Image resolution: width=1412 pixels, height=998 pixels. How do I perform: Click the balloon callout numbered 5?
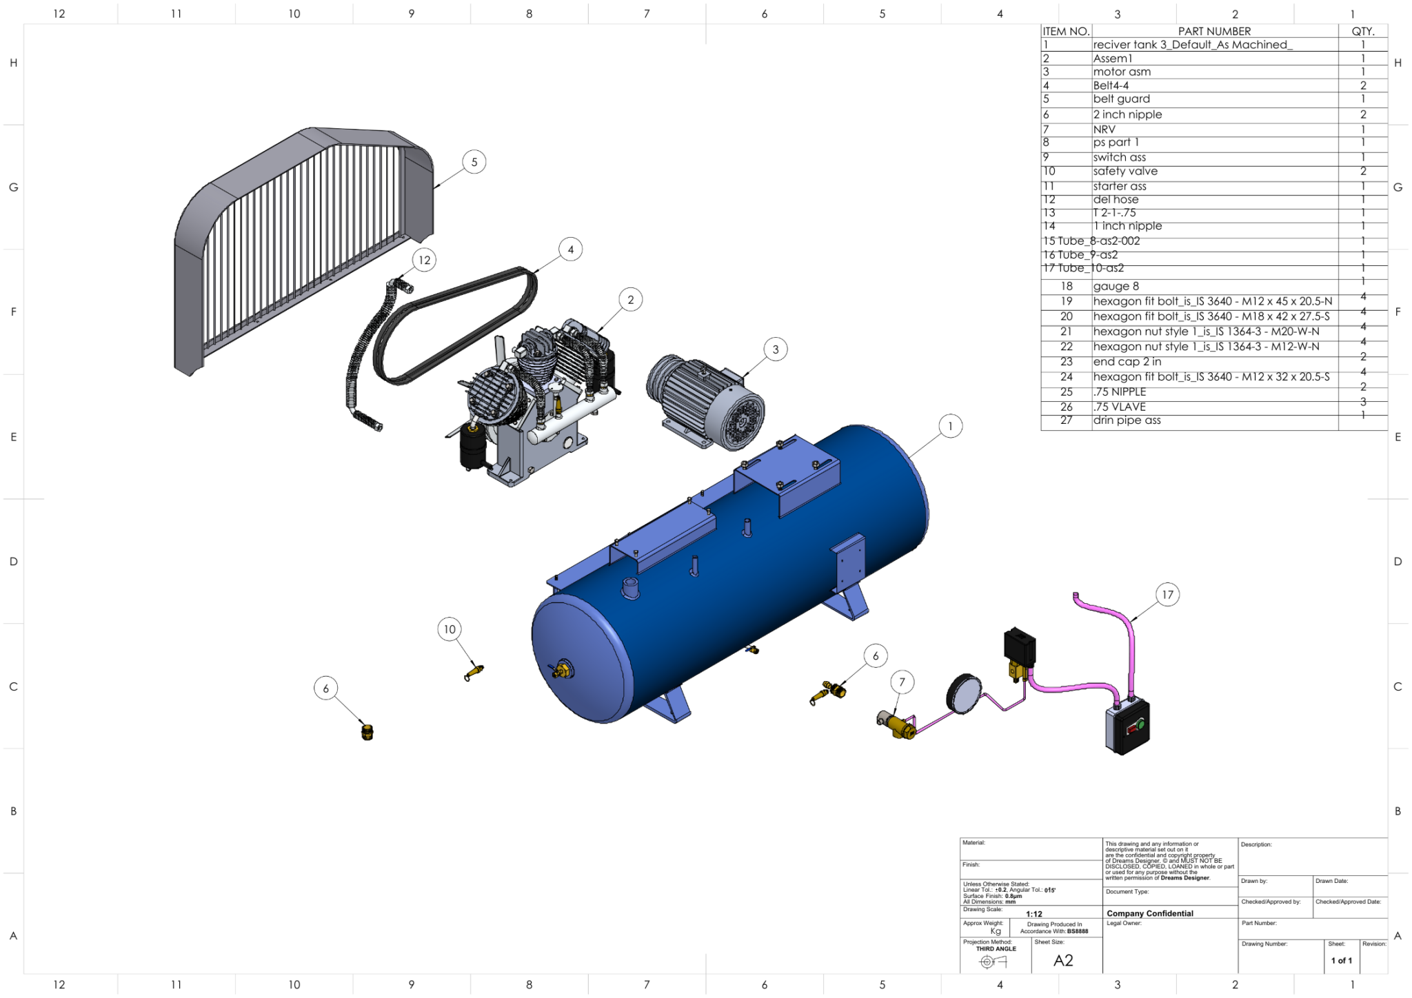pyautogui.click(x=474, y=162)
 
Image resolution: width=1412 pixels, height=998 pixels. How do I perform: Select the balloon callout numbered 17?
pyautogui.click(x=1167, y=594)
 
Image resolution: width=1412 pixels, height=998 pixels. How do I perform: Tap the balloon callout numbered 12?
pyautogui.click(x=424, y=260)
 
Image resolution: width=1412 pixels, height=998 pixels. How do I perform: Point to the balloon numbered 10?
pyautogui.click(x=450, y=629)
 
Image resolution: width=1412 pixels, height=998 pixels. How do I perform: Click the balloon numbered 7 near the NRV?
pyautogui.click(x=902, y=682)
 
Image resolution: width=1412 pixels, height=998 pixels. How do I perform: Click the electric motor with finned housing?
pyautogui.click(x=707, y=400)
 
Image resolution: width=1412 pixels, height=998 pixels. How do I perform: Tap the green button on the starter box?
pyautogui.click(x=1140, y=724)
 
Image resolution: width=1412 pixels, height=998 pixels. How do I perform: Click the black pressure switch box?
pyautogui.click(x=1020, y=646)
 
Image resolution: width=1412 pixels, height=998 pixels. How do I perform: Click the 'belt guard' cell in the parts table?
pyautogui.click(x=1121, y=99)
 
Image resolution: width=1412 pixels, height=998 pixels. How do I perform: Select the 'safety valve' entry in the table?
pyautogui.click(x=1124, y=171)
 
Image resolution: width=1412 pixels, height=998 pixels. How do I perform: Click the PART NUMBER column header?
pyautogui.click(x=1213, y=31)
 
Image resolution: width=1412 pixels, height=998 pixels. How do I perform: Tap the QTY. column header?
pyautogui.click(x=1362, y=31)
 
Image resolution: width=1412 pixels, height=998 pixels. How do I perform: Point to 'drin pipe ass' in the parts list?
pyautogui.click(x=1127, y=420)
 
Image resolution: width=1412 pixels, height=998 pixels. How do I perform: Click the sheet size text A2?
pyautogui.click(x=1063, y=960)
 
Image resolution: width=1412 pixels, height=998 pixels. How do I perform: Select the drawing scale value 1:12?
pyautogui.click(x=1033, y=914)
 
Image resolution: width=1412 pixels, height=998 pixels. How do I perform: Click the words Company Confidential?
pyautogui.click(x=1149, y=913)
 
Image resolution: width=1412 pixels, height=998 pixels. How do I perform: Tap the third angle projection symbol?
pyautogui.click(x=993, y=961)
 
